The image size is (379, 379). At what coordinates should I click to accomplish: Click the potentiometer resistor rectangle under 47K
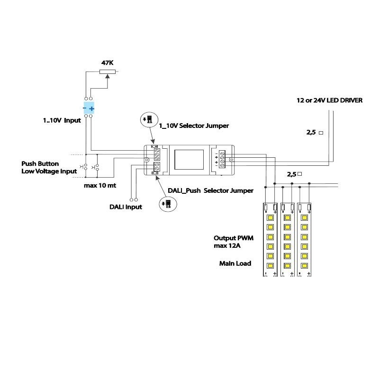pyautogui.click(x=108, y=72)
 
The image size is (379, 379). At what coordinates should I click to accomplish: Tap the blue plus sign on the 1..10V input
pyautogui.click(x=91, y=109)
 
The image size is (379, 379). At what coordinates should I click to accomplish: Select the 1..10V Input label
pyautogui.click(x=62, y=120)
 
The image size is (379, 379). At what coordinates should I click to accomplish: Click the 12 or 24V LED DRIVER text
pyautogui.click(x=329, y=100)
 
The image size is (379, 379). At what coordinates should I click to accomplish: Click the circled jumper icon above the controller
pyautogui.click(x=148, y=119)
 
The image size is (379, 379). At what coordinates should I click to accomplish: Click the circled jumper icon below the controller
pyautogui.click(x=167, y=205)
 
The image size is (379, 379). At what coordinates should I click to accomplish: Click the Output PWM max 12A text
pyautogui.click(x=233, y=242)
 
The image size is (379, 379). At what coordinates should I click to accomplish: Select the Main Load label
pyautogui.click(x=235, y=263)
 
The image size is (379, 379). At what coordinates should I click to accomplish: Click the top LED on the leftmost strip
pyautogui.click(x=271, y=218)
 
